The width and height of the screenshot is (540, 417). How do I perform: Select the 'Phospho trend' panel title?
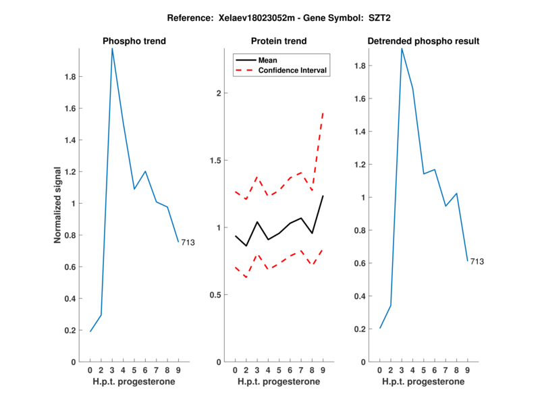point(134,41)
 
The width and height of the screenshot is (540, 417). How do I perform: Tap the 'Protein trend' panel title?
point(279,41)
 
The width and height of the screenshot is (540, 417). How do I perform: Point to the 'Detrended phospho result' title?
point(423,41)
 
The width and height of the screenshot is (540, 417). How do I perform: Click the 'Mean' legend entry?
point(268,60)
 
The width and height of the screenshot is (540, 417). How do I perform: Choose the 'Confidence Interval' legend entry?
point(292,70)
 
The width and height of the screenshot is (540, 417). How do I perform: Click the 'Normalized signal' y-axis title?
point(58,205)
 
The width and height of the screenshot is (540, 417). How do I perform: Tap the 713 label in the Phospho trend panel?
point(188,242)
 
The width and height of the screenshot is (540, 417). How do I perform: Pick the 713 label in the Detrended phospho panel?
point(477,261)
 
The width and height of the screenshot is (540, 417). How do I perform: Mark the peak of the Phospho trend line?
point(112,49)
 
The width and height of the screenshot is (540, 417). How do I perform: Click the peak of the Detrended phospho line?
point(402,48)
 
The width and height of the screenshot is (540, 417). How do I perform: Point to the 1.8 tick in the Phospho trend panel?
point(70,77)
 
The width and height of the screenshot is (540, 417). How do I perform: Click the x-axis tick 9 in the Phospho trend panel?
point(178,370)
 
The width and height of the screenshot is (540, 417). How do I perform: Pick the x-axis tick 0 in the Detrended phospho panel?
point(380,370)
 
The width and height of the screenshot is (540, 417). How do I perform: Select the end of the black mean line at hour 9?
point(323,196)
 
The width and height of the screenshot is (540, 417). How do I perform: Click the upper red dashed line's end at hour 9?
point(323,113)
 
